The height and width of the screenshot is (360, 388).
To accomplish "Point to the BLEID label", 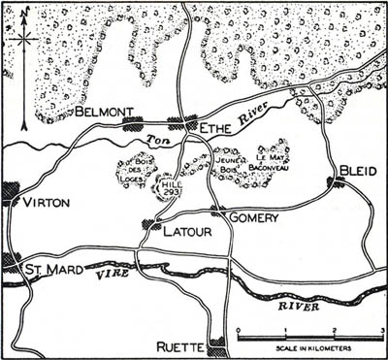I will (x=356, y=171).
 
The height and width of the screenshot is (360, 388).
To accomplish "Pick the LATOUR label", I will (x=187, y=233).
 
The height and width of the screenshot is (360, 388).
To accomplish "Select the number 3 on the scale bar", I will (x=381, y=330).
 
